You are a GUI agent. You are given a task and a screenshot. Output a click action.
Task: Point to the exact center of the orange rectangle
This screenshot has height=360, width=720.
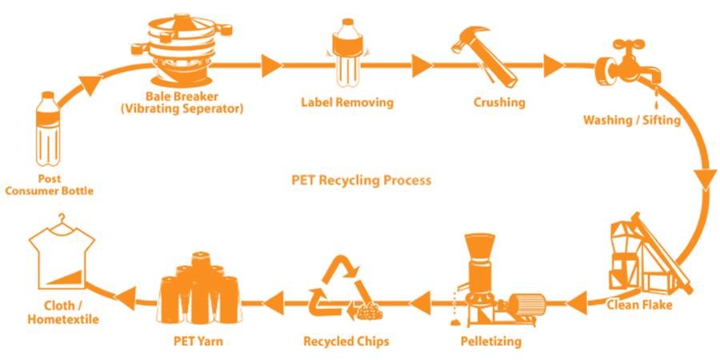pos(361,181)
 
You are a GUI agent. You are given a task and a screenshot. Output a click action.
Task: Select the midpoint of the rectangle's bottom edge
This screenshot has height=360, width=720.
pos(361,348)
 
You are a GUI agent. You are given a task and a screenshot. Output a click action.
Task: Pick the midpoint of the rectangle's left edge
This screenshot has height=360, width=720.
pos(6,181)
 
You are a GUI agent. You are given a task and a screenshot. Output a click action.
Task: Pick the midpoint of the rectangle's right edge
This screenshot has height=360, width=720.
pos(717,181)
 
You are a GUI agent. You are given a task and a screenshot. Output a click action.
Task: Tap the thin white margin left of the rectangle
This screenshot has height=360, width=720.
pos(2,181)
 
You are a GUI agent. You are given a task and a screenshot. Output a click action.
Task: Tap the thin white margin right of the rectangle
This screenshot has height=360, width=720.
pos(718,181)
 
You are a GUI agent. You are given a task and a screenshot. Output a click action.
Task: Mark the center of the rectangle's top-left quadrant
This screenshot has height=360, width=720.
pos(183,97)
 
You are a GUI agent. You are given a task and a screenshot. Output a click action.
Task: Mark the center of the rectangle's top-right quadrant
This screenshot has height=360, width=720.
pos(539,97)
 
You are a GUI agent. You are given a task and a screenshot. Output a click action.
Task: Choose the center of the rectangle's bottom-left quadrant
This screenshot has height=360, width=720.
pos(183,265)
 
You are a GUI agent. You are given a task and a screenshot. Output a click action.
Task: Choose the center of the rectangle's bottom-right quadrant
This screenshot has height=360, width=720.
pos(539,265)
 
